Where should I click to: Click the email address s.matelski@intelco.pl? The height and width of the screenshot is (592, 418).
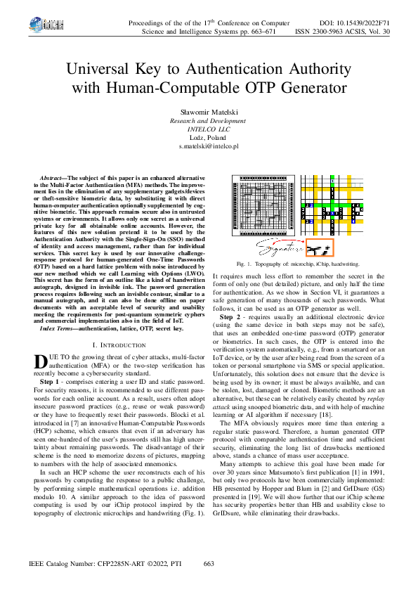pos(209,146)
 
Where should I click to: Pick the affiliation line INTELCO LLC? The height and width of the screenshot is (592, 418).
pos(209,129)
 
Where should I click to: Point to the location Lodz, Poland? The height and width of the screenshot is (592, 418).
pos(209,138)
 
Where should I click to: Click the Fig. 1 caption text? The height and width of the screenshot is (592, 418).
pos(298,264)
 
